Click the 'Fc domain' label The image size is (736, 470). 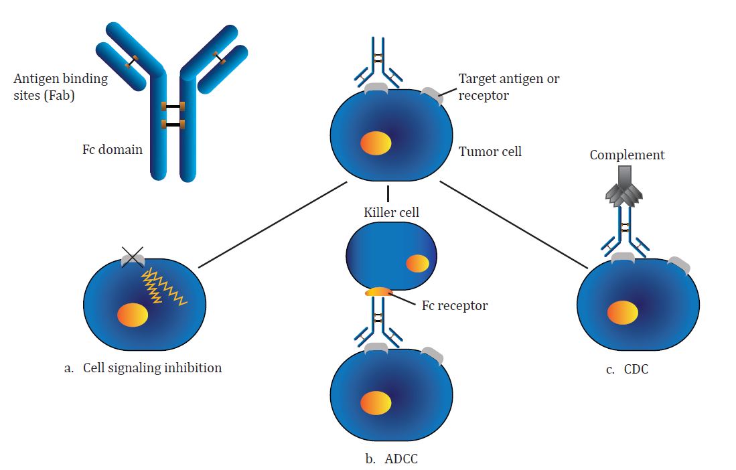pyautogui.click(x=112, y=149)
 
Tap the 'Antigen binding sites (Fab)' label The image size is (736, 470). pyautogui.click(x=60, y=86)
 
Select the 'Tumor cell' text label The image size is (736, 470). pyautogui.click(x=490, y=152)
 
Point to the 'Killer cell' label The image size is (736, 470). pyautogui.click(x=391, y=212)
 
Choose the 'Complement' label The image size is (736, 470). pyautogui.click(x=627, y=155)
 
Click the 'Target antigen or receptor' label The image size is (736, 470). pyautogui.click(x=508, y=86)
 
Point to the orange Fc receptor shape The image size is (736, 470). pyautogui.click(x=378, y=292)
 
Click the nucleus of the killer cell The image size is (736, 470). pyautogui.click(x=417, y=263)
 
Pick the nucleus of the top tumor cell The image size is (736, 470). pyautogui.click(x=376, y=143)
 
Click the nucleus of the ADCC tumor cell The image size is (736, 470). pyautogui.click(x=376, y=402)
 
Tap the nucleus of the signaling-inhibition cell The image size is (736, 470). pyautogui.click(x=133, y=315)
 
